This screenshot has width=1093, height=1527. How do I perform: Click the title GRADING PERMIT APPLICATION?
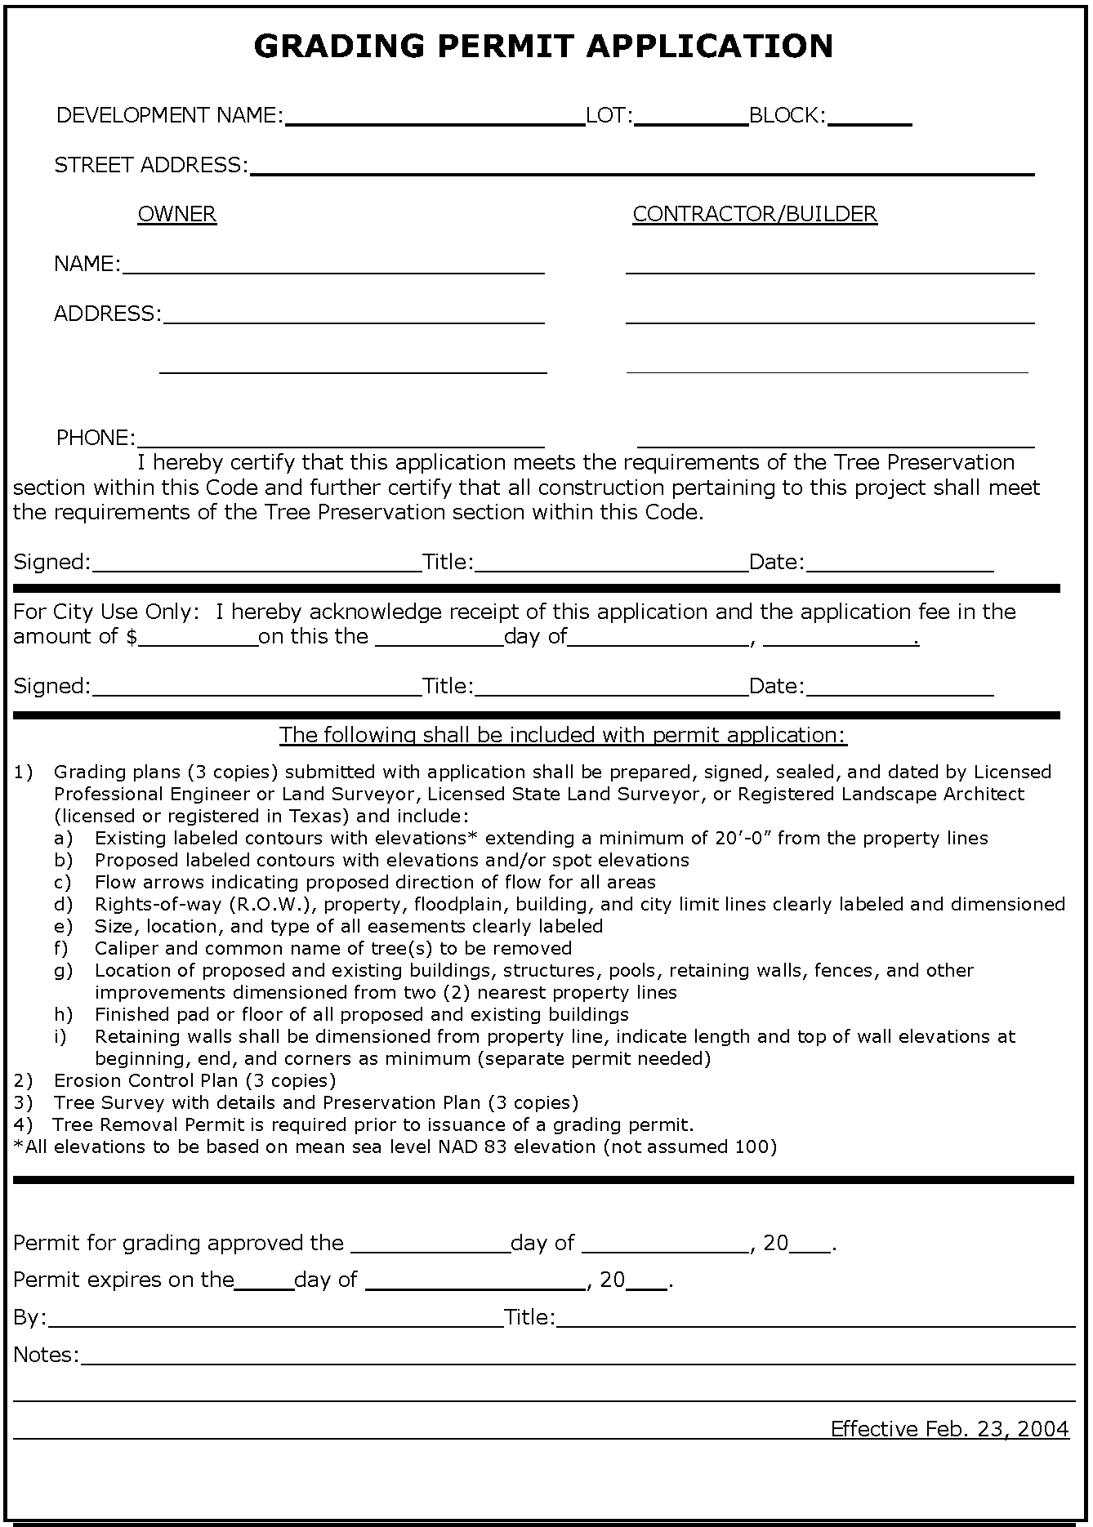(543, 47)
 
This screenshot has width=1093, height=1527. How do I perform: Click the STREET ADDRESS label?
(150, 166)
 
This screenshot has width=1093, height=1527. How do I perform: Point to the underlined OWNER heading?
(176, 215)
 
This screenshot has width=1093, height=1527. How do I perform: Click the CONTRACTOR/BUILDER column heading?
(754, 215)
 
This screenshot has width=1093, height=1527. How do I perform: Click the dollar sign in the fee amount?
(132, 637)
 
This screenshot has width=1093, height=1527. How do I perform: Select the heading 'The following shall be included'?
(563, 735)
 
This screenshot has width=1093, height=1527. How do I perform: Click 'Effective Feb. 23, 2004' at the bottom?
(949, 1428)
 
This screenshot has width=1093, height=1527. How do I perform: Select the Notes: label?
(46, 1355)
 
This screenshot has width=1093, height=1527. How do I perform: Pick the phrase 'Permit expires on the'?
(123, 1280)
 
